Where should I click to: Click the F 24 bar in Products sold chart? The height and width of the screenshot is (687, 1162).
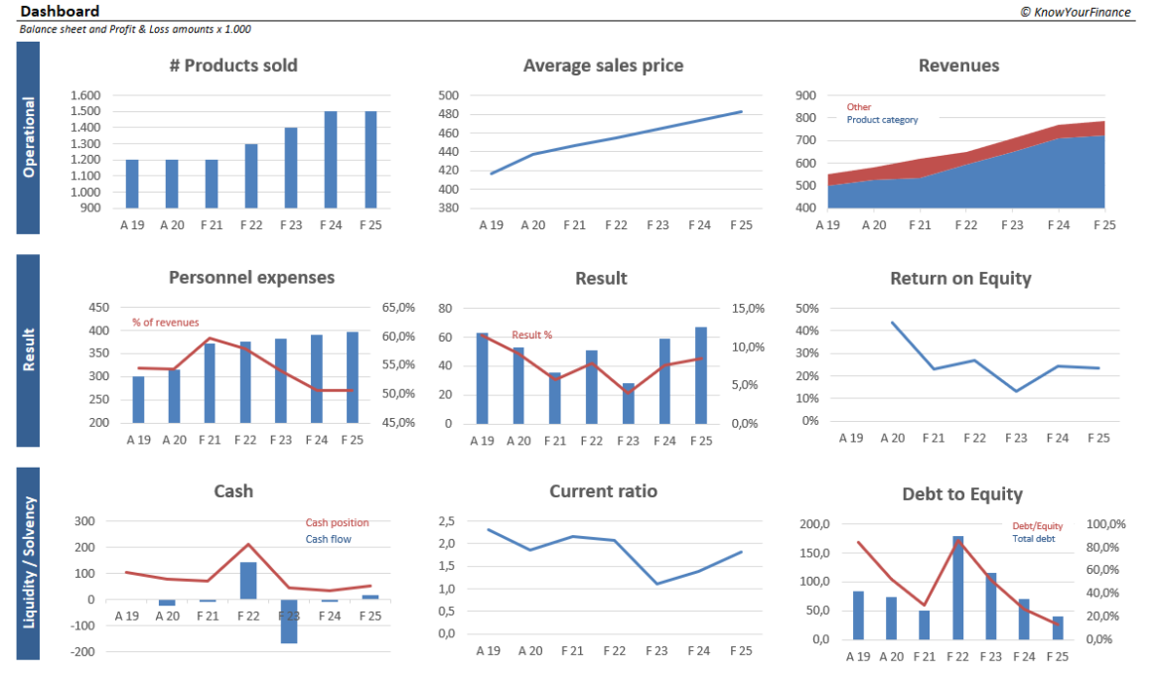click(x=331, y=160)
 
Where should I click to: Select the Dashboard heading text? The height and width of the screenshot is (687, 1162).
click(x=60, y=11)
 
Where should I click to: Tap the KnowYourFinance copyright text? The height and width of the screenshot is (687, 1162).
click(x=1075, y=12)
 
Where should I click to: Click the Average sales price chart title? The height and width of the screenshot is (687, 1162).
click(x=603, y=66)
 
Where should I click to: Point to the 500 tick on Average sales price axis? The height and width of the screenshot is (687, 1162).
click(x=448, y=95)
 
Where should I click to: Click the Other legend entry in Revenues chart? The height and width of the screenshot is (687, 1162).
click(x=859, y=107)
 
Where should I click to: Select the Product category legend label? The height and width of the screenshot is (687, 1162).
click(x=882, y=120)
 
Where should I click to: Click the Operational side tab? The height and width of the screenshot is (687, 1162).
click(x=28, y=137)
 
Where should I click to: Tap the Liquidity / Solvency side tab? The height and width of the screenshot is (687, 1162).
click(x=28, y=563)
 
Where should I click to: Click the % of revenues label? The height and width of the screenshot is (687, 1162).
click(x=165, y=323)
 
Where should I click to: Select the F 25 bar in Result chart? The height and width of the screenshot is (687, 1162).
click(x=700, y=374)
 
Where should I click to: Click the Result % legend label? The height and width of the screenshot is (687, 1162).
click(x=531, y=336)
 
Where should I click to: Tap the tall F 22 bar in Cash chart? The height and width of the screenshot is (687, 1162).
click(x=248, y=580)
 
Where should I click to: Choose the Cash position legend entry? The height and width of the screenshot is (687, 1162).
click(x=337, y=522)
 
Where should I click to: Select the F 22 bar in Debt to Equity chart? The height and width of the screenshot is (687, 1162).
click(x=958, y=587)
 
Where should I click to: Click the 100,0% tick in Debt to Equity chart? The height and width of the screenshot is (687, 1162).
click(x=1103, y=524)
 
